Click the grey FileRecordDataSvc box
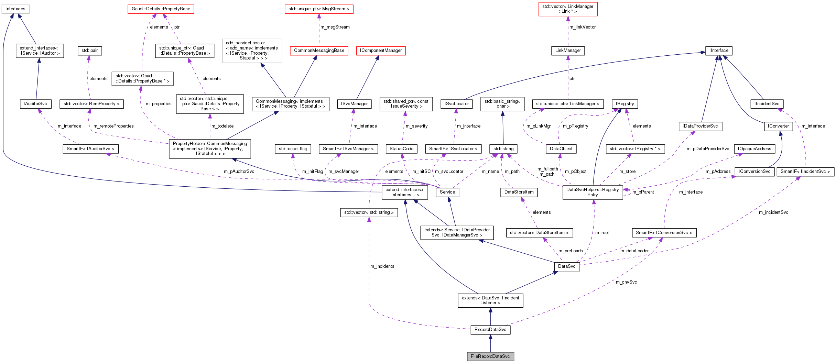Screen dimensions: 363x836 pyautogui.click(x=490, y=356)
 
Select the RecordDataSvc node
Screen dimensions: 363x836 pyautogui.click(x=490, y=330)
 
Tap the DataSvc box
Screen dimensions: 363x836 pyautogui.click(x=566, y=266)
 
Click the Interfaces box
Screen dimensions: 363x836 pyautogui.click(x=15, y=9)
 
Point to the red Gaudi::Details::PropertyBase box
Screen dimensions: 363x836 pyautogui.click(x=161, y=9)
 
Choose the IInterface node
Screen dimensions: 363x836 pyautogui.click(x=718, y=51)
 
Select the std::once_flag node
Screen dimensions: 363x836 pyautogui.click(x=293, y=149)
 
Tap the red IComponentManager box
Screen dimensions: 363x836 pyautogui.click(x=380, y=51)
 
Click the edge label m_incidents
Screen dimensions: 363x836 pyautogui.click(x=382, y=266)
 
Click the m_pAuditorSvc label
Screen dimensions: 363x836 pyautogui.click(x=239, y=172)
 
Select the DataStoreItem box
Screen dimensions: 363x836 pyautogui.click(x=519, y=192)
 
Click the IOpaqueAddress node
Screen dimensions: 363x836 pyautogui.click(x=754, y=149)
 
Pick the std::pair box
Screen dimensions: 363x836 pyautogui.click(x=89, y=51)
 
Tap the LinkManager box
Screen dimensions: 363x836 pyautogui.click(x=568, y=51)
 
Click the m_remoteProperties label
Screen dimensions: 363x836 pyautogui.click(x=113, y=126)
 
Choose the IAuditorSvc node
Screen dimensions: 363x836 pyautogui.click(x=35, y=104)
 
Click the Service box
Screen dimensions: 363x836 pyautogui.click(x=447, y=192)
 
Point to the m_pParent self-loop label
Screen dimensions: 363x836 pyautogui.click(x=643, y=192)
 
